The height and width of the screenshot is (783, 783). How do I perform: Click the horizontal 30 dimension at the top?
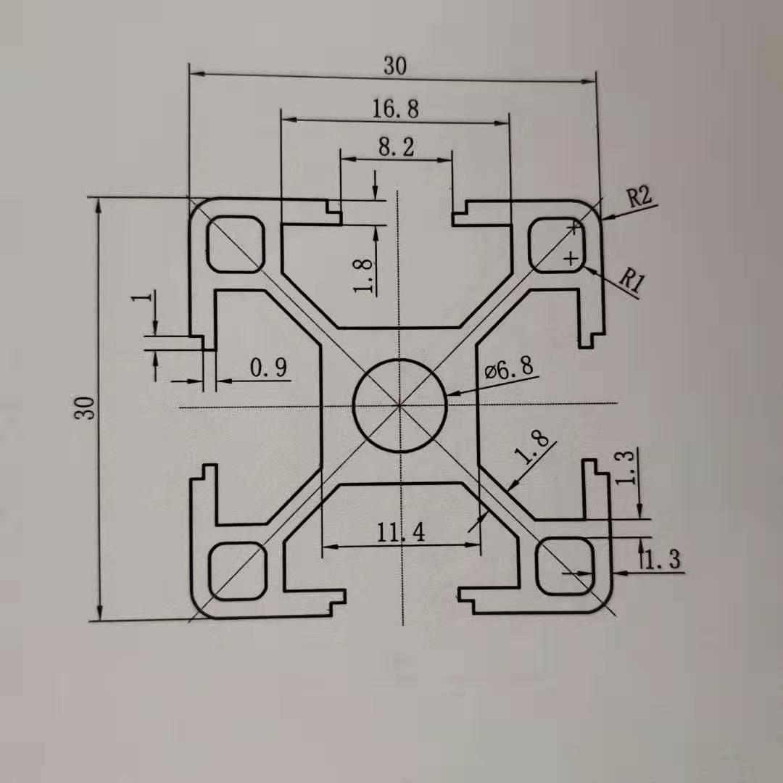(x=395, y=66)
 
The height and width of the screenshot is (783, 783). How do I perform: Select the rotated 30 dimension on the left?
(x=88, y=408)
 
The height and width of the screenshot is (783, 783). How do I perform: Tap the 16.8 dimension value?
(x=395, y=109)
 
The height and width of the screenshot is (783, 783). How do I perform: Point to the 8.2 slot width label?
(x=396, y=147)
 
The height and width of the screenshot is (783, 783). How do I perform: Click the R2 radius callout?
(x=639, y=197)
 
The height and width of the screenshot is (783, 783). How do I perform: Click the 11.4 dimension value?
(x=400, y=534)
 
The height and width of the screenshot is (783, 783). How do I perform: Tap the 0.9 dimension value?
(x=268, y=368)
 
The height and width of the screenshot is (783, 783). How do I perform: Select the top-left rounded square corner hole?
(x=236, y=244)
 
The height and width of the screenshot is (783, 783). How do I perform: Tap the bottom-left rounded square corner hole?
(x=237, y=571)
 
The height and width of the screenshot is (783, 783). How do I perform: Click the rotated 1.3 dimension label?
(x=628, y=466)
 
